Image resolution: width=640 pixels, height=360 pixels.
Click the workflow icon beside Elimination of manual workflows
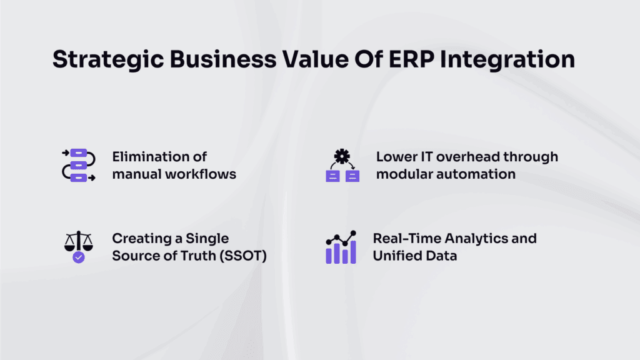78,166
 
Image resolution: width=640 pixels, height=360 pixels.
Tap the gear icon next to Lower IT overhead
342,156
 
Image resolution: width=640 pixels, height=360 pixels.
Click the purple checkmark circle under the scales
78,257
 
